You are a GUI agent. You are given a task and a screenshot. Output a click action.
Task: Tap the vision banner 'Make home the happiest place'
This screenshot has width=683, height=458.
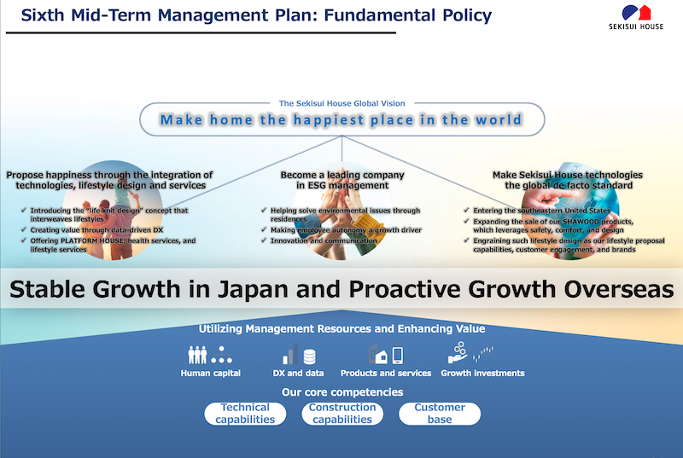[341, 119]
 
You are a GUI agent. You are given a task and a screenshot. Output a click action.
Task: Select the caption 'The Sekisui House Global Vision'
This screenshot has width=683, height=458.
[341, 102]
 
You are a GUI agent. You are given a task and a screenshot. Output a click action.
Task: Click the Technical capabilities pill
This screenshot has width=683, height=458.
[245, 414]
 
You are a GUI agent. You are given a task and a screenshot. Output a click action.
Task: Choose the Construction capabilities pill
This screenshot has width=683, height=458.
[342, 414]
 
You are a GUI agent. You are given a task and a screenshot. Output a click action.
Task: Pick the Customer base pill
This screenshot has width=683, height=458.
[440, 414]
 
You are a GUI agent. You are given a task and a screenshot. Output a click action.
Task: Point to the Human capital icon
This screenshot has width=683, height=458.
[210, 354]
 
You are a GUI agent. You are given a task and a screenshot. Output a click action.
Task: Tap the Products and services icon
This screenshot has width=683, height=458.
[385, 354]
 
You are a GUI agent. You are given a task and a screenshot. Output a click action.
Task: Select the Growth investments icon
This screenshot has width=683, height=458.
[471, 352]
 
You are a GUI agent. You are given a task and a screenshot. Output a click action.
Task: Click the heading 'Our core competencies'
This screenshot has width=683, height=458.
[342, 392]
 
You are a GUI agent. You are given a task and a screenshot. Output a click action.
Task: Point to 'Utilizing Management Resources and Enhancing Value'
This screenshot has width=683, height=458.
[341, 328]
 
